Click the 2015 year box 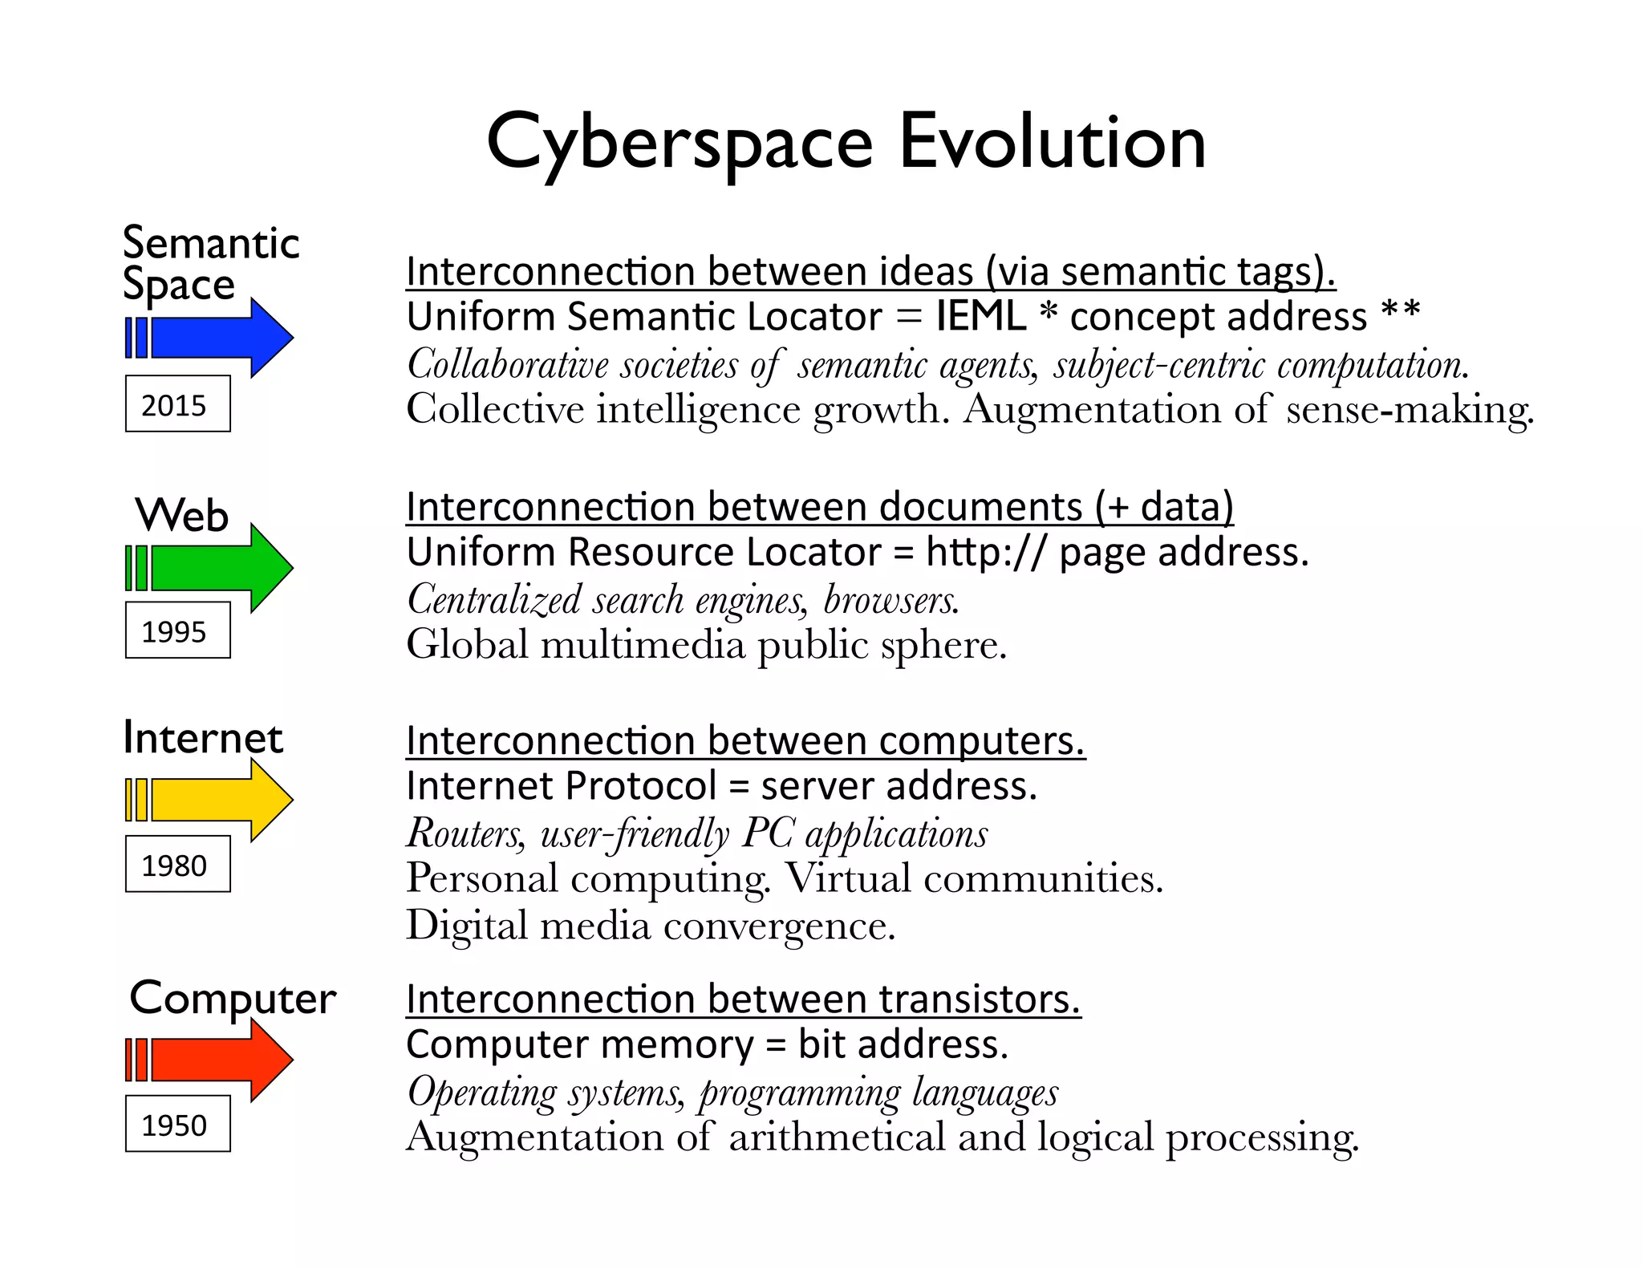coord(177,404)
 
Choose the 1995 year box coord(177,630)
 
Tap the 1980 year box coord(177,865)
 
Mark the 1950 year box coord(177,1124)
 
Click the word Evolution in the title coord(1052,143)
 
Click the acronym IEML coord(980,316)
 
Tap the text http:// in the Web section coord(986,553)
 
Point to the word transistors coord(980,999)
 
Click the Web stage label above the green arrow coord(182,515)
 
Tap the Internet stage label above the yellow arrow coord(203,738)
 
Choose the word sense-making coord(1410,410)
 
